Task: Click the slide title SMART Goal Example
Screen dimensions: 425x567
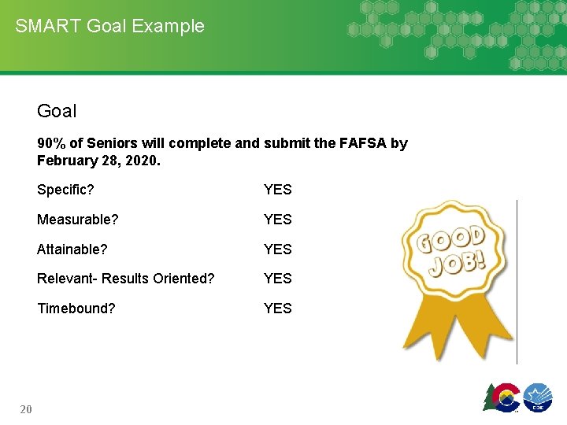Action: pos(109,26)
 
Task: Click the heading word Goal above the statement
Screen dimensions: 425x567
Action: pos(57,111)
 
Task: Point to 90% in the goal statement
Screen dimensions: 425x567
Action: pos(51,143)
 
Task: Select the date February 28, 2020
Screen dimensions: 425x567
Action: pos(98,160)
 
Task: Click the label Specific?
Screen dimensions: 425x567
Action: pos(65,190)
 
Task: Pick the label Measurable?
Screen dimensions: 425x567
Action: pos(77,220)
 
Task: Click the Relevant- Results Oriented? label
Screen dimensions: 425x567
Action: pos(125,279)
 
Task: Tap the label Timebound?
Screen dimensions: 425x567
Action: pos(76,309)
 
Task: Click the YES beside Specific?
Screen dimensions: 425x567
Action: pos(277,190)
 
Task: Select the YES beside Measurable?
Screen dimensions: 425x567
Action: pos(277,220)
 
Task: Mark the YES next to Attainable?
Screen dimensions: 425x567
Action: pos(277,249)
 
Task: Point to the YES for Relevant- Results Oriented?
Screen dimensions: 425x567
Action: pos(277,279)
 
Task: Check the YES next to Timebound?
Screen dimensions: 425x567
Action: pos(277,309)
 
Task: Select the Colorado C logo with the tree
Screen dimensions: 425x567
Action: pos(502,396)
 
